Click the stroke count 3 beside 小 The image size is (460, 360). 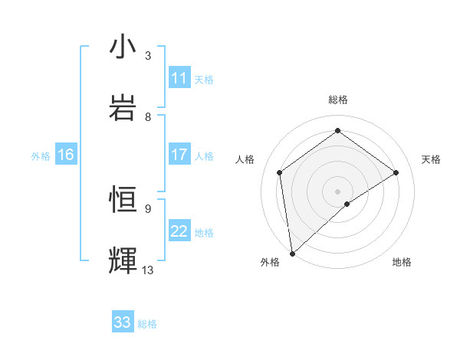pos(148,56)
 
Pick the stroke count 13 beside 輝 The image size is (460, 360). pos(148,270)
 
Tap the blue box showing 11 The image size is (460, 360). pos(179,78)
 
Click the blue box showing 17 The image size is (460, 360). pos(179,155)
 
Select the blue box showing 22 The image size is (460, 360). pos(179,231)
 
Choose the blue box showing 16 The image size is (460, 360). pos(66,155)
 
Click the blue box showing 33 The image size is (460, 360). pos(123,322)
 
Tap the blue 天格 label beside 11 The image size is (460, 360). pos(204,79)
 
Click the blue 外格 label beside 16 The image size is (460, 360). pos(41,155)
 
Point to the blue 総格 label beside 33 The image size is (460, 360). pos(147,323)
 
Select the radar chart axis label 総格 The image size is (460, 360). pos(338,100)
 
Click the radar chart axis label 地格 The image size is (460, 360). pos(402,262)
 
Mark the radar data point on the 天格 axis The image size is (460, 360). pos(396,172)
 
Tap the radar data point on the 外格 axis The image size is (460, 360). pos(292,253)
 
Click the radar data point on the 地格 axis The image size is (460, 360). pos(347,204)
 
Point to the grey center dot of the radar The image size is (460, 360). pos(338,191)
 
